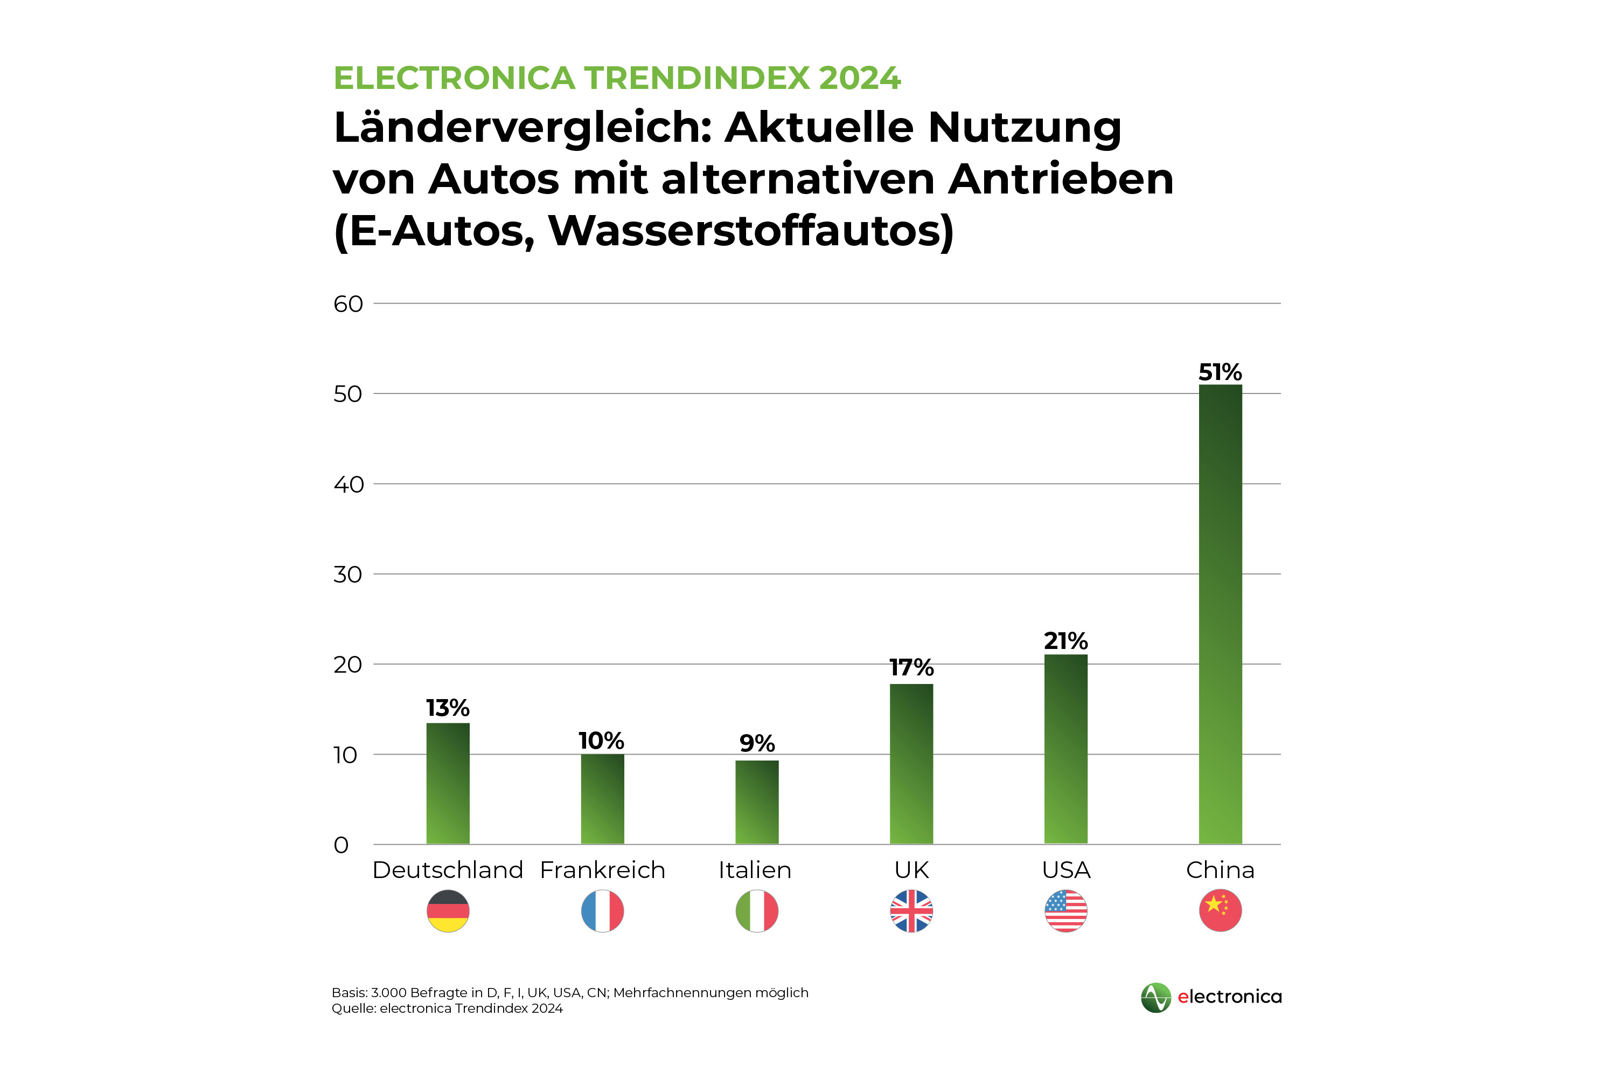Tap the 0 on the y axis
342,845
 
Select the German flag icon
448,911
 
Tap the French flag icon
603,911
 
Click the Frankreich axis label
603,870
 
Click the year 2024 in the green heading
860,78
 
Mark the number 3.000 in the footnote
388,993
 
